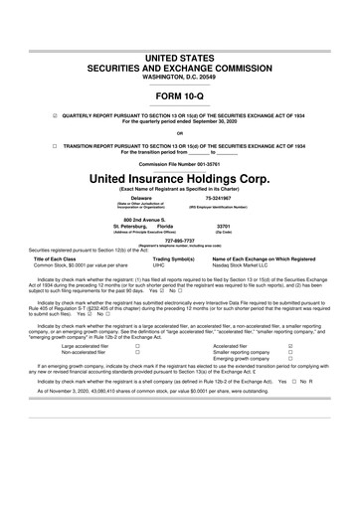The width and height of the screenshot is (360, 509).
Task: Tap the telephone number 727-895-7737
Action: (x=180, y=240)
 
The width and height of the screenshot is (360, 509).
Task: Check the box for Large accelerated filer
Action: (x=136, y=346)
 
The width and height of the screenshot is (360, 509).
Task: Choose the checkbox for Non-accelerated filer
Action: (x=136, y=352)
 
